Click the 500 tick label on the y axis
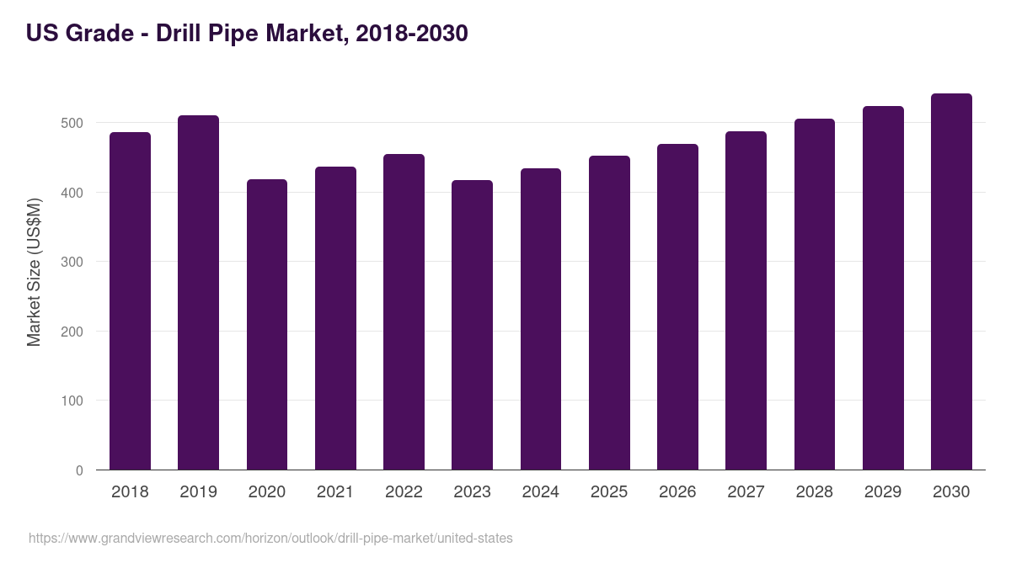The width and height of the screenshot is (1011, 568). [x=72, y=123]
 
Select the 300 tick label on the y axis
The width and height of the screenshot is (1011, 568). [x=72, y=262]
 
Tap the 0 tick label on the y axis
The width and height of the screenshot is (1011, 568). [x=79, y=470]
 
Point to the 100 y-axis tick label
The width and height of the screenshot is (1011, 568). [x=72, y=401]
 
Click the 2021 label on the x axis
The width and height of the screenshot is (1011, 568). [x=335, y=492]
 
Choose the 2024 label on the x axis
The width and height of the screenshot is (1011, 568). [x=541, y=492]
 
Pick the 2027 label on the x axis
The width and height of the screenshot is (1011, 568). [x=746, y=492]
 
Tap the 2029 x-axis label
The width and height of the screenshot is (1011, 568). [x=883, y=492]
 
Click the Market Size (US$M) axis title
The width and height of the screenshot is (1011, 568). [x=34, y=271]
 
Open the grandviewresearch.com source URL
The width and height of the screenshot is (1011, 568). [x=270, y=538]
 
